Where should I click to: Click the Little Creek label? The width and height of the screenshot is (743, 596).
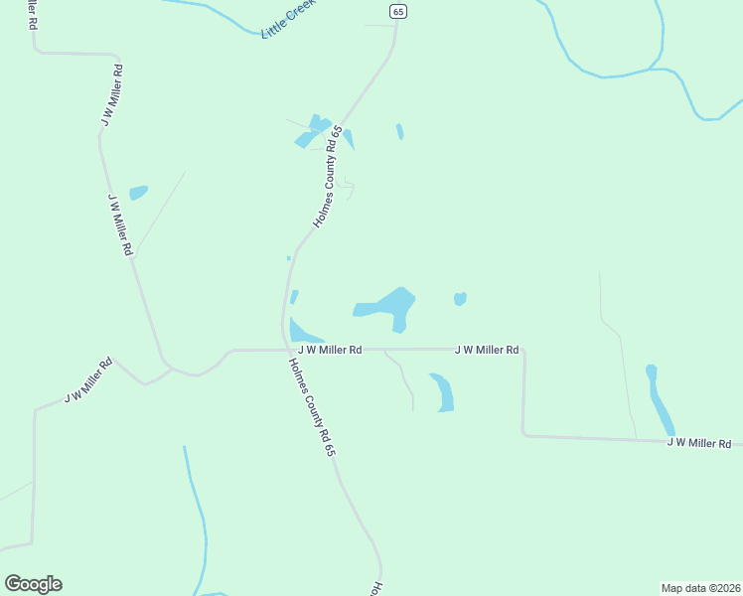[287, 19]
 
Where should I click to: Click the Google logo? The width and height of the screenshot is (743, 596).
[33, 583]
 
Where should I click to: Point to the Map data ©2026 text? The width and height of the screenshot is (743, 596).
[700, 588]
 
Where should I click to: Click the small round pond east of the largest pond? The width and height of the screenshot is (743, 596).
[460, 299]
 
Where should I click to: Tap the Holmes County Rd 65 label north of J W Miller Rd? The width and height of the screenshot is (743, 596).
[327, 177]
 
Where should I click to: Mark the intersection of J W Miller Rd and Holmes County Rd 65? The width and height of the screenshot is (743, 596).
[286, 350]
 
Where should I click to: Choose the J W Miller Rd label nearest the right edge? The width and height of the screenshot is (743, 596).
[698, 442]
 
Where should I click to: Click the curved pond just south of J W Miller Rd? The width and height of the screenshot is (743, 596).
[443, 391]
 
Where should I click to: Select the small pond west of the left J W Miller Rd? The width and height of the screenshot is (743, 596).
[138, 192]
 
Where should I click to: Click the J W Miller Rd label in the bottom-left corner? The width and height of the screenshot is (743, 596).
[87, 380]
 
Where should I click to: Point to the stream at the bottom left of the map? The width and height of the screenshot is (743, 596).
[200, 517]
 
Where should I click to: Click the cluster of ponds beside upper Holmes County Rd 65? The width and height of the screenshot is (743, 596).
[318, 132]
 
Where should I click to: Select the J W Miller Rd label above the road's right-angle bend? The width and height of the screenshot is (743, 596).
[487, 350]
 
